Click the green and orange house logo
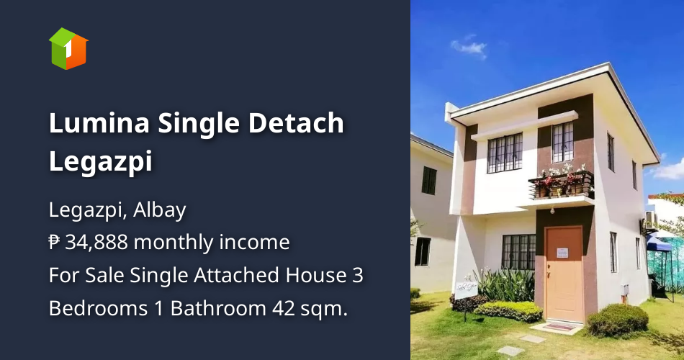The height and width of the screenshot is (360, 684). coord(68,48)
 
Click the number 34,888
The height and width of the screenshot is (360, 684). coord(96,243)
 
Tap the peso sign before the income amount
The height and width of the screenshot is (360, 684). coord(55,243)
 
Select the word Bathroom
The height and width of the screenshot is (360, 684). coord(217,308)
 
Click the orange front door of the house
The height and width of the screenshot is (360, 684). coord(564,274)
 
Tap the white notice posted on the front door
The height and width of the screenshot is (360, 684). coord(562,253)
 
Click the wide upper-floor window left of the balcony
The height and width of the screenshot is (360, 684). coord(505,153)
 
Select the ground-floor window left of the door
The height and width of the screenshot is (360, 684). coord(518,252)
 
